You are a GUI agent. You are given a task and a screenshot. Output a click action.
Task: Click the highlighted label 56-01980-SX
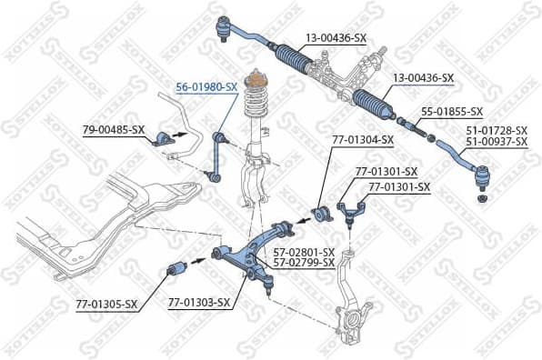pos(206,86)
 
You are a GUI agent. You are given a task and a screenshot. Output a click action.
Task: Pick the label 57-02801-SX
pos(305,253)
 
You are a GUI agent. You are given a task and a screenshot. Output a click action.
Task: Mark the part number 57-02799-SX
pos(305,263)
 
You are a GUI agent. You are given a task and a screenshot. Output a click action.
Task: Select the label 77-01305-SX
pos(106,304)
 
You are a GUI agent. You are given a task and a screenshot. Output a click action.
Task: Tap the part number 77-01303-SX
pos(198,304)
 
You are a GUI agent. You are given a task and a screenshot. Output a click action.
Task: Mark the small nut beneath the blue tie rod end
pos(482,198)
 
